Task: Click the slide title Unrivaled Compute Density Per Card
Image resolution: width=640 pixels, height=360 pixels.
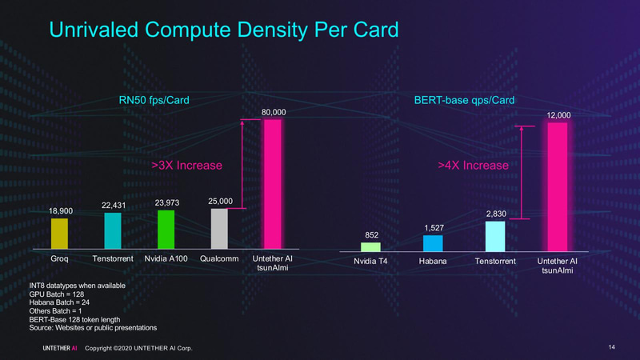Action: tap(224, 31)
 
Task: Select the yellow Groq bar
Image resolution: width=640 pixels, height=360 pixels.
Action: tap(60, 234)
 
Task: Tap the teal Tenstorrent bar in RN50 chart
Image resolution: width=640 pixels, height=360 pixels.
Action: tap(113, 230)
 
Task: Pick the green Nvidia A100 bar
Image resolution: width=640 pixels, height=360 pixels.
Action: tap(166, 230)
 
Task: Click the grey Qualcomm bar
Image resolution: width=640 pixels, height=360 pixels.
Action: tap(219, 229)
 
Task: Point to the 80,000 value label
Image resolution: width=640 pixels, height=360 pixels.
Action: tap(274, 111)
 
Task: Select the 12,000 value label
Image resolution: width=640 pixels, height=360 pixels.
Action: tap(558, 115)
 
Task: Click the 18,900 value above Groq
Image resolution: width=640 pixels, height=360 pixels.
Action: tap(60, 210)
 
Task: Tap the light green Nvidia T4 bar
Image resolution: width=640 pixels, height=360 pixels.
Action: tap(370, 247)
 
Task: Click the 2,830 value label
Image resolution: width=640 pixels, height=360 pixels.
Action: tap(496, 214)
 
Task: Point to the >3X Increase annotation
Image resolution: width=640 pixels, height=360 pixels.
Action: tap(186, 166)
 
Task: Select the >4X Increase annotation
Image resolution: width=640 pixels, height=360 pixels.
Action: tap(473, 166)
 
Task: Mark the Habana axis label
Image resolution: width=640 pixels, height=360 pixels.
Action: tap(433, 262)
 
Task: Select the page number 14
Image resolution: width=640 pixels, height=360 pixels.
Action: tap(610, 346)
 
